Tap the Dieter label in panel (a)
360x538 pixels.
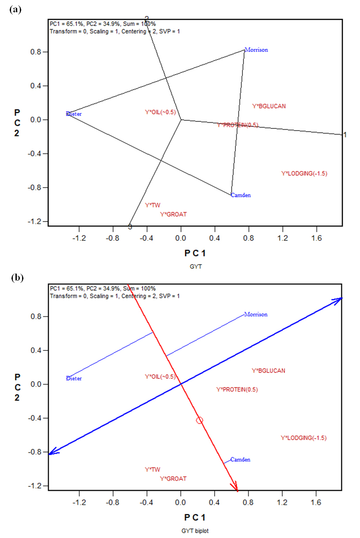pyautogui.click(x=74, y=114)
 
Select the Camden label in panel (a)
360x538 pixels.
pyautogui.click(x=241, y=195)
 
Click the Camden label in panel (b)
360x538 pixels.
pyautogui.click(x=240, y=459)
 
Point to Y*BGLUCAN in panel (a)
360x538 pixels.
pyautogui.click(x=269, y=106)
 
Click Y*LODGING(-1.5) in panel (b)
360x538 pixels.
pyautogui.click(x=304, y=438)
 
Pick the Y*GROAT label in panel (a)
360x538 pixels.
pyautogui.click(x=173, y=214)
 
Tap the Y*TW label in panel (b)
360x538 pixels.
pyautogui.click(x=152, y=470)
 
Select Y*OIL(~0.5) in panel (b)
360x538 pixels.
pyautogui.click(x=160, y=376)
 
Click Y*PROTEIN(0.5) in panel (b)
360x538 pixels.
pyautogui.click(x=237, y=389)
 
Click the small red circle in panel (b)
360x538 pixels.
pyautogui.click(x=200, y=420)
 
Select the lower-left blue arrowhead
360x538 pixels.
pyautogui.click(x=52, y=452)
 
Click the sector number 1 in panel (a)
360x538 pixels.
pyautogui.click(x=345, y=135)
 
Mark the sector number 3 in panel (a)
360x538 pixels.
pyautogui.click(x=130, y=227)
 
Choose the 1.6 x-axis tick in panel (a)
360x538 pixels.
pyautogui.click(x=316, y=238)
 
